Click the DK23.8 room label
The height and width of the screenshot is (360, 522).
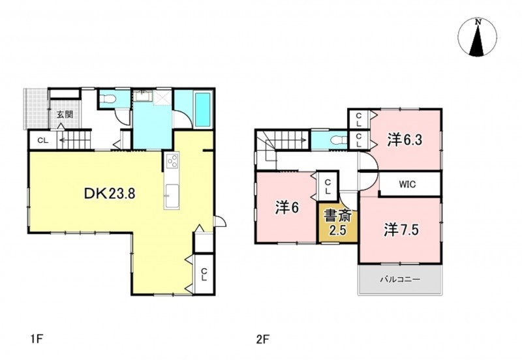[110, 193]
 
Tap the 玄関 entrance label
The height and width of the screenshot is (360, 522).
[65, 114]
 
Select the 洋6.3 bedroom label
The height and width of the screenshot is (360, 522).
[405, 140]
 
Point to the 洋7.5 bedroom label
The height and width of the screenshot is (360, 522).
[401, 230]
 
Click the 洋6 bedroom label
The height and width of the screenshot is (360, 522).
[287, 208]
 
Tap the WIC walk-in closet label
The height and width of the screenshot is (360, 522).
[407, 184]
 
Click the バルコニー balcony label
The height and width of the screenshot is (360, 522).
[400, 279]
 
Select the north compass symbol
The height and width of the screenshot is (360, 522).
[478, 37]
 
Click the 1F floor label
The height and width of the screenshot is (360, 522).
[37, 339]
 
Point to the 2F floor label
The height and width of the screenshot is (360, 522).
[262, 339]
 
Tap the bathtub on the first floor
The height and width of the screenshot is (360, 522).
[202, 110]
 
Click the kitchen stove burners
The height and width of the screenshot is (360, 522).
[172, 162]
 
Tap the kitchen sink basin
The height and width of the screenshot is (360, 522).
[172, 191]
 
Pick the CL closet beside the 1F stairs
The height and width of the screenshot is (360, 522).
[42, 140]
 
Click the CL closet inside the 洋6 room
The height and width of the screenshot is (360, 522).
[328, 187]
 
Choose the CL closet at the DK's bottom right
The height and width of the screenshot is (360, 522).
[204, 275]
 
